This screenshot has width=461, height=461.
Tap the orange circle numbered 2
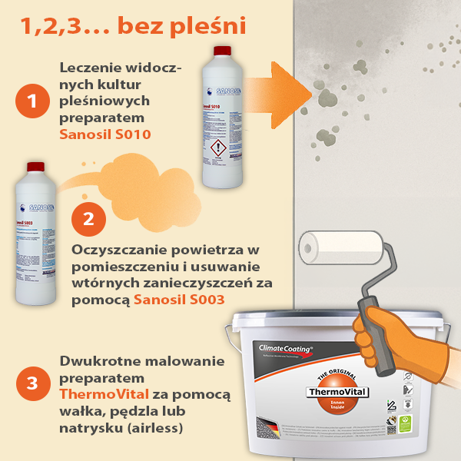coord(88,217)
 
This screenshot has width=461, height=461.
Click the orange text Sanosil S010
coord(104,134)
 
